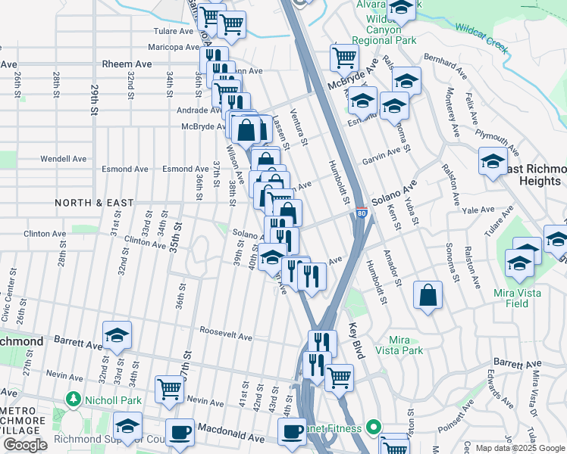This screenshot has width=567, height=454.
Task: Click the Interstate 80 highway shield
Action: tap(362, 215)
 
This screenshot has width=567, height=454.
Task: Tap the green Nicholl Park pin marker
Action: tap(74, 398)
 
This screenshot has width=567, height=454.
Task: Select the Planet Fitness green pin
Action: tap(372, 428)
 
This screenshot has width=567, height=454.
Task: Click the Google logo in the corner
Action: tap(25, 445)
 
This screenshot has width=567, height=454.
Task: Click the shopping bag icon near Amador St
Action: tap(428, 294)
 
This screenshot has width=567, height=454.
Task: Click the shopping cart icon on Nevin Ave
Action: tap(169, 389)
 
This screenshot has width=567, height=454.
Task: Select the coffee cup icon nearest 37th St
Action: tap(180, 432)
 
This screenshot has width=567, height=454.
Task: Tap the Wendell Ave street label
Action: tap(64, 160)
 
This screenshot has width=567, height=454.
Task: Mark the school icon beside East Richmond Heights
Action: tap(493, 161)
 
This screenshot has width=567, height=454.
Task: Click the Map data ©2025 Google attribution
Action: tap(520, 448)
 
